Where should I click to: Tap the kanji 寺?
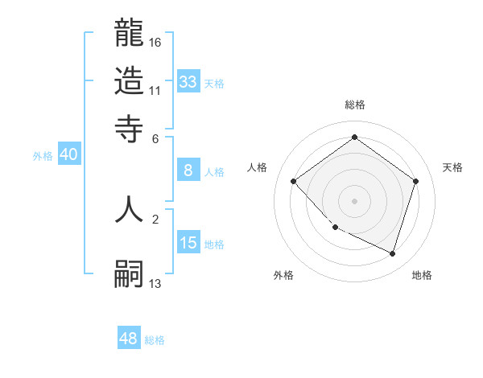[x=129, y=127]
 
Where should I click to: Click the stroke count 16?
[x=155, y=42]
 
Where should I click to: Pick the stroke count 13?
[x=155, y=283]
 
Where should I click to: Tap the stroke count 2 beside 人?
[x=155, y=217]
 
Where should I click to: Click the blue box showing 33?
[x=188, y=81]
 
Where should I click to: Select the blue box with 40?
[x=68, y=155]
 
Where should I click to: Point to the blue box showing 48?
[x=128, y=339]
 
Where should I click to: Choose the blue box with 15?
[x=188, y=243]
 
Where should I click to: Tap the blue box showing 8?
[x=188, y=170]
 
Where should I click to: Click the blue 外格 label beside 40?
[x=43, y=156]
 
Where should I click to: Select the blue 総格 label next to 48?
[x=155, y=340]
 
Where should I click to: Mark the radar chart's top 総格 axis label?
[x=354, y=105]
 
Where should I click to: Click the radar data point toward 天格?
[x=415, y=181]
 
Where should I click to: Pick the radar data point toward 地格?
[x=392, y=253]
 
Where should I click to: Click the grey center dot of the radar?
[x=354, y=200]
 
